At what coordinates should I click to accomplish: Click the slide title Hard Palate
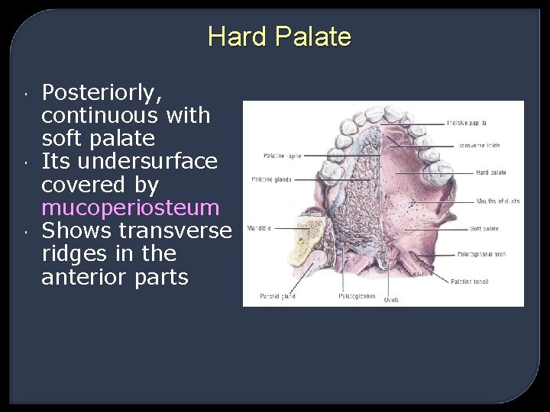coord(279,37)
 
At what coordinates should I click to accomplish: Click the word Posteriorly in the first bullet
coord(102,93)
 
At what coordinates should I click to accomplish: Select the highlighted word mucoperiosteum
coord(131,208)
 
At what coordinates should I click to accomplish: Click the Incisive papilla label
coord(467,123)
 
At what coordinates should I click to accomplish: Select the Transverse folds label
coord(479,146)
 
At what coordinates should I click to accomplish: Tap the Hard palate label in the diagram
coord(491,173)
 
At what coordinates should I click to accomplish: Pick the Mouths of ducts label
coord(498,201)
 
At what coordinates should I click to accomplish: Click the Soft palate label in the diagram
coord(484,229)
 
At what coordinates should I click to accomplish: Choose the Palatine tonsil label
coord(490,282)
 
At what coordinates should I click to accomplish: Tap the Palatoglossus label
coord(357,297)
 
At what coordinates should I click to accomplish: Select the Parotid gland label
coord(277,297)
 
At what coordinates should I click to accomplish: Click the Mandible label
coord(258,228)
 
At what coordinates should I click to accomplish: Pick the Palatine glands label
coord(272,180)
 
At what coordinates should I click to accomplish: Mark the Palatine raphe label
coord(283,156)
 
